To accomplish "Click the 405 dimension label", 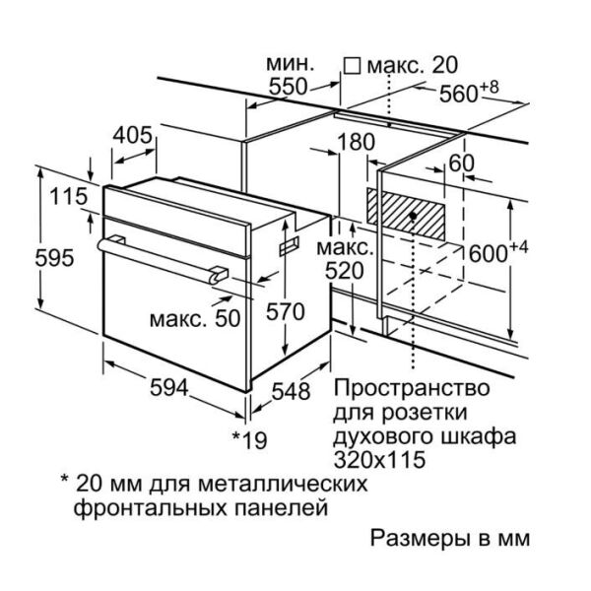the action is [133, 135].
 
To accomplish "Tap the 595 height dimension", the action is [54, 258].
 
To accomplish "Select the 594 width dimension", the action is [168, 387].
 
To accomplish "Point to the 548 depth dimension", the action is [291, 391].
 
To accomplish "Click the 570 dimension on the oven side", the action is [286, 312].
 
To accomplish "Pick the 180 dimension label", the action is [356, 142].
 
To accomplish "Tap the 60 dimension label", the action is [461, 164].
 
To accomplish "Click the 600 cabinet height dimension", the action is [498, 251].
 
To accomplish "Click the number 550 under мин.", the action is [289, 87].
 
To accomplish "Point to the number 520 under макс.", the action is [345, 271].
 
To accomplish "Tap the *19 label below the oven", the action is [249, 440].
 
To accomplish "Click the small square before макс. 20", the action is [352, 66].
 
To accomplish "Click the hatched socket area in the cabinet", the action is [406, 214].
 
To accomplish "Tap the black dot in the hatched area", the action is [413, 216].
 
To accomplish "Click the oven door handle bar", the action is [163, 260].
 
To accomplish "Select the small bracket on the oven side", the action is [289, 246].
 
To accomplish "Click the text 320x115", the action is [379, 460].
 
